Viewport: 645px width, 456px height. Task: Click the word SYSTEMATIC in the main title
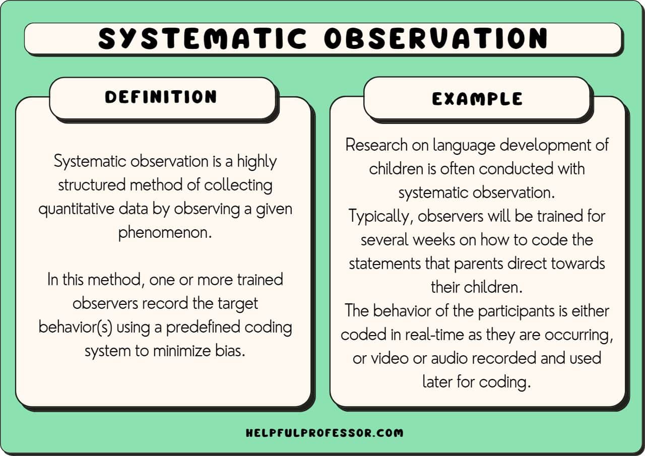[203, 38]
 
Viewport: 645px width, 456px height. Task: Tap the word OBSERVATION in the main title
[436, 38]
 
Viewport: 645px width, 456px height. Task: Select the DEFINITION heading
[161, 97]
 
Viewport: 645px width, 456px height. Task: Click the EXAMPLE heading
[477, 99]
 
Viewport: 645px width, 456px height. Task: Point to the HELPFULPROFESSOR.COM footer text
[325, 433]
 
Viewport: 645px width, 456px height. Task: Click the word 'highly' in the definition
[256, 162]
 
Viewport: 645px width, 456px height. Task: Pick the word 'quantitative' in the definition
[77, 209]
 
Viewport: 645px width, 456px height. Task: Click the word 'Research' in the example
[376, 145]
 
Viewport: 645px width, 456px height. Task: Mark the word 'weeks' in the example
[434, 240]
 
